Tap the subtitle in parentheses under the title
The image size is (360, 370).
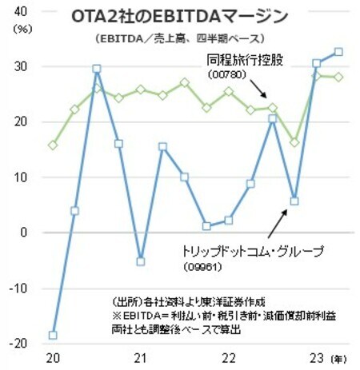(178, 38)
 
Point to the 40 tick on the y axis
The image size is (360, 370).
(19, 12)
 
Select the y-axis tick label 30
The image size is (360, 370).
(19, 67)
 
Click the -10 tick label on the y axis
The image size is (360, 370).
(17, 288)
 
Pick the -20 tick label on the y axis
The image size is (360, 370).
(17, 343)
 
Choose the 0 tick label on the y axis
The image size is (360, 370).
(23, 233)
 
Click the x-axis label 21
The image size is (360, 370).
(139, 359)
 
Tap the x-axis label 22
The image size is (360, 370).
(228, 359)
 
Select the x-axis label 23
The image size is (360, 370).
(317, 359)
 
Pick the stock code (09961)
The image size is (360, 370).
(196, 266)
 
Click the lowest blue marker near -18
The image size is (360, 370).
(53, 335)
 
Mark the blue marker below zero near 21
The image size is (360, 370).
(141, 261)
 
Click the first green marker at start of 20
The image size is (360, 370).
(53, 145)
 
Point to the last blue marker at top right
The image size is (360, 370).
(338, 52)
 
